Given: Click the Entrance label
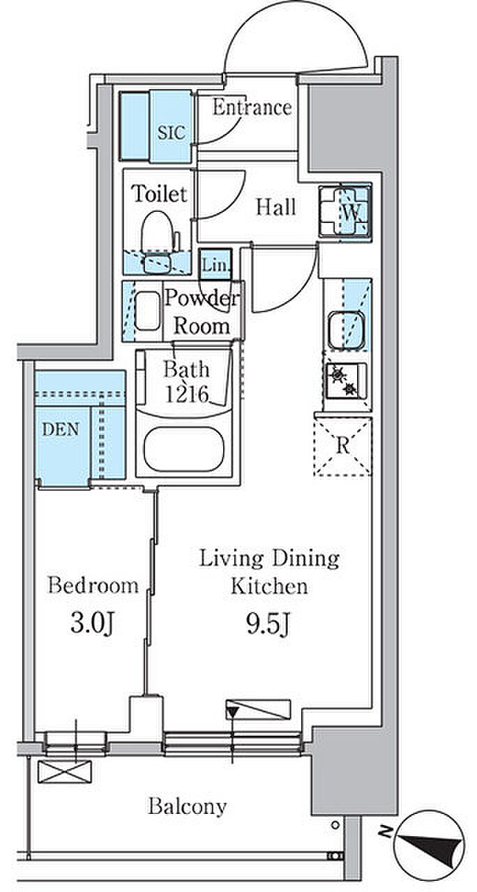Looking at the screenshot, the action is coord(252,107).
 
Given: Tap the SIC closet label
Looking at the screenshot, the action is coord(172,132).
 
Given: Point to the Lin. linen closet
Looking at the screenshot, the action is coord(215,264).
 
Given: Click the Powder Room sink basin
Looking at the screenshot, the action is coord(147,311).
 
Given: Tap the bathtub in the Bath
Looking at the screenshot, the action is coord(183,449).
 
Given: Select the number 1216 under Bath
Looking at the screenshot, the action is coord(186,394).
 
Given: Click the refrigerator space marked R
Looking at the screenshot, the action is coord(342,446).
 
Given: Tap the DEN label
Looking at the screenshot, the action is coord(61,429).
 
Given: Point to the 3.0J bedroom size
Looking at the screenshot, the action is coord(93,623).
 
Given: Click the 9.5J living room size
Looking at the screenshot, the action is coord(268,624).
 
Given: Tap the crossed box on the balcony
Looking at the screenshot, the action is coord(65,771).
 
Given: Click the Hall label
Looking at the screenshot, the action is coord(275,208).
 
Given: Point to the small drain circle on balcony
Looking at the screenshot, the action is coord(335,824).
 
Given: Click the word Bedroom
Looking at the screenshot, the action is coord(93,585).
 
